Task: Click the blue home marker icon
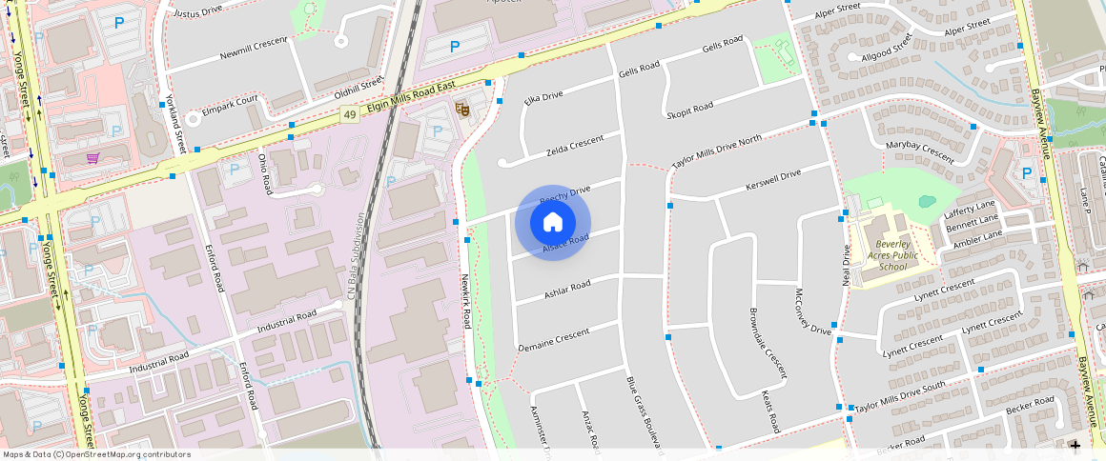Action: [x=552, y=223]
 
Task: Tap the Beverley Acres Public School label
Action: [x=891, y=255]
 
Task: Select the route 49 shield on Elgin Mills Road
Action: [x=351, y=115]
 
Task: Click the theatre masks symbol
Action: [x=461, y=110]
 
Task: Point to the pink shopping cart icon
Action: [x=92, y=158]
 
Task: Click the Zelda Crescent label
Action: [x=575, y=146]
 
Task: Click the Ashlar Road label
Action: [x=567, y=289]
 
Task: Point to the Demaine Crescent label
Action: [x=554, y=342]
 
